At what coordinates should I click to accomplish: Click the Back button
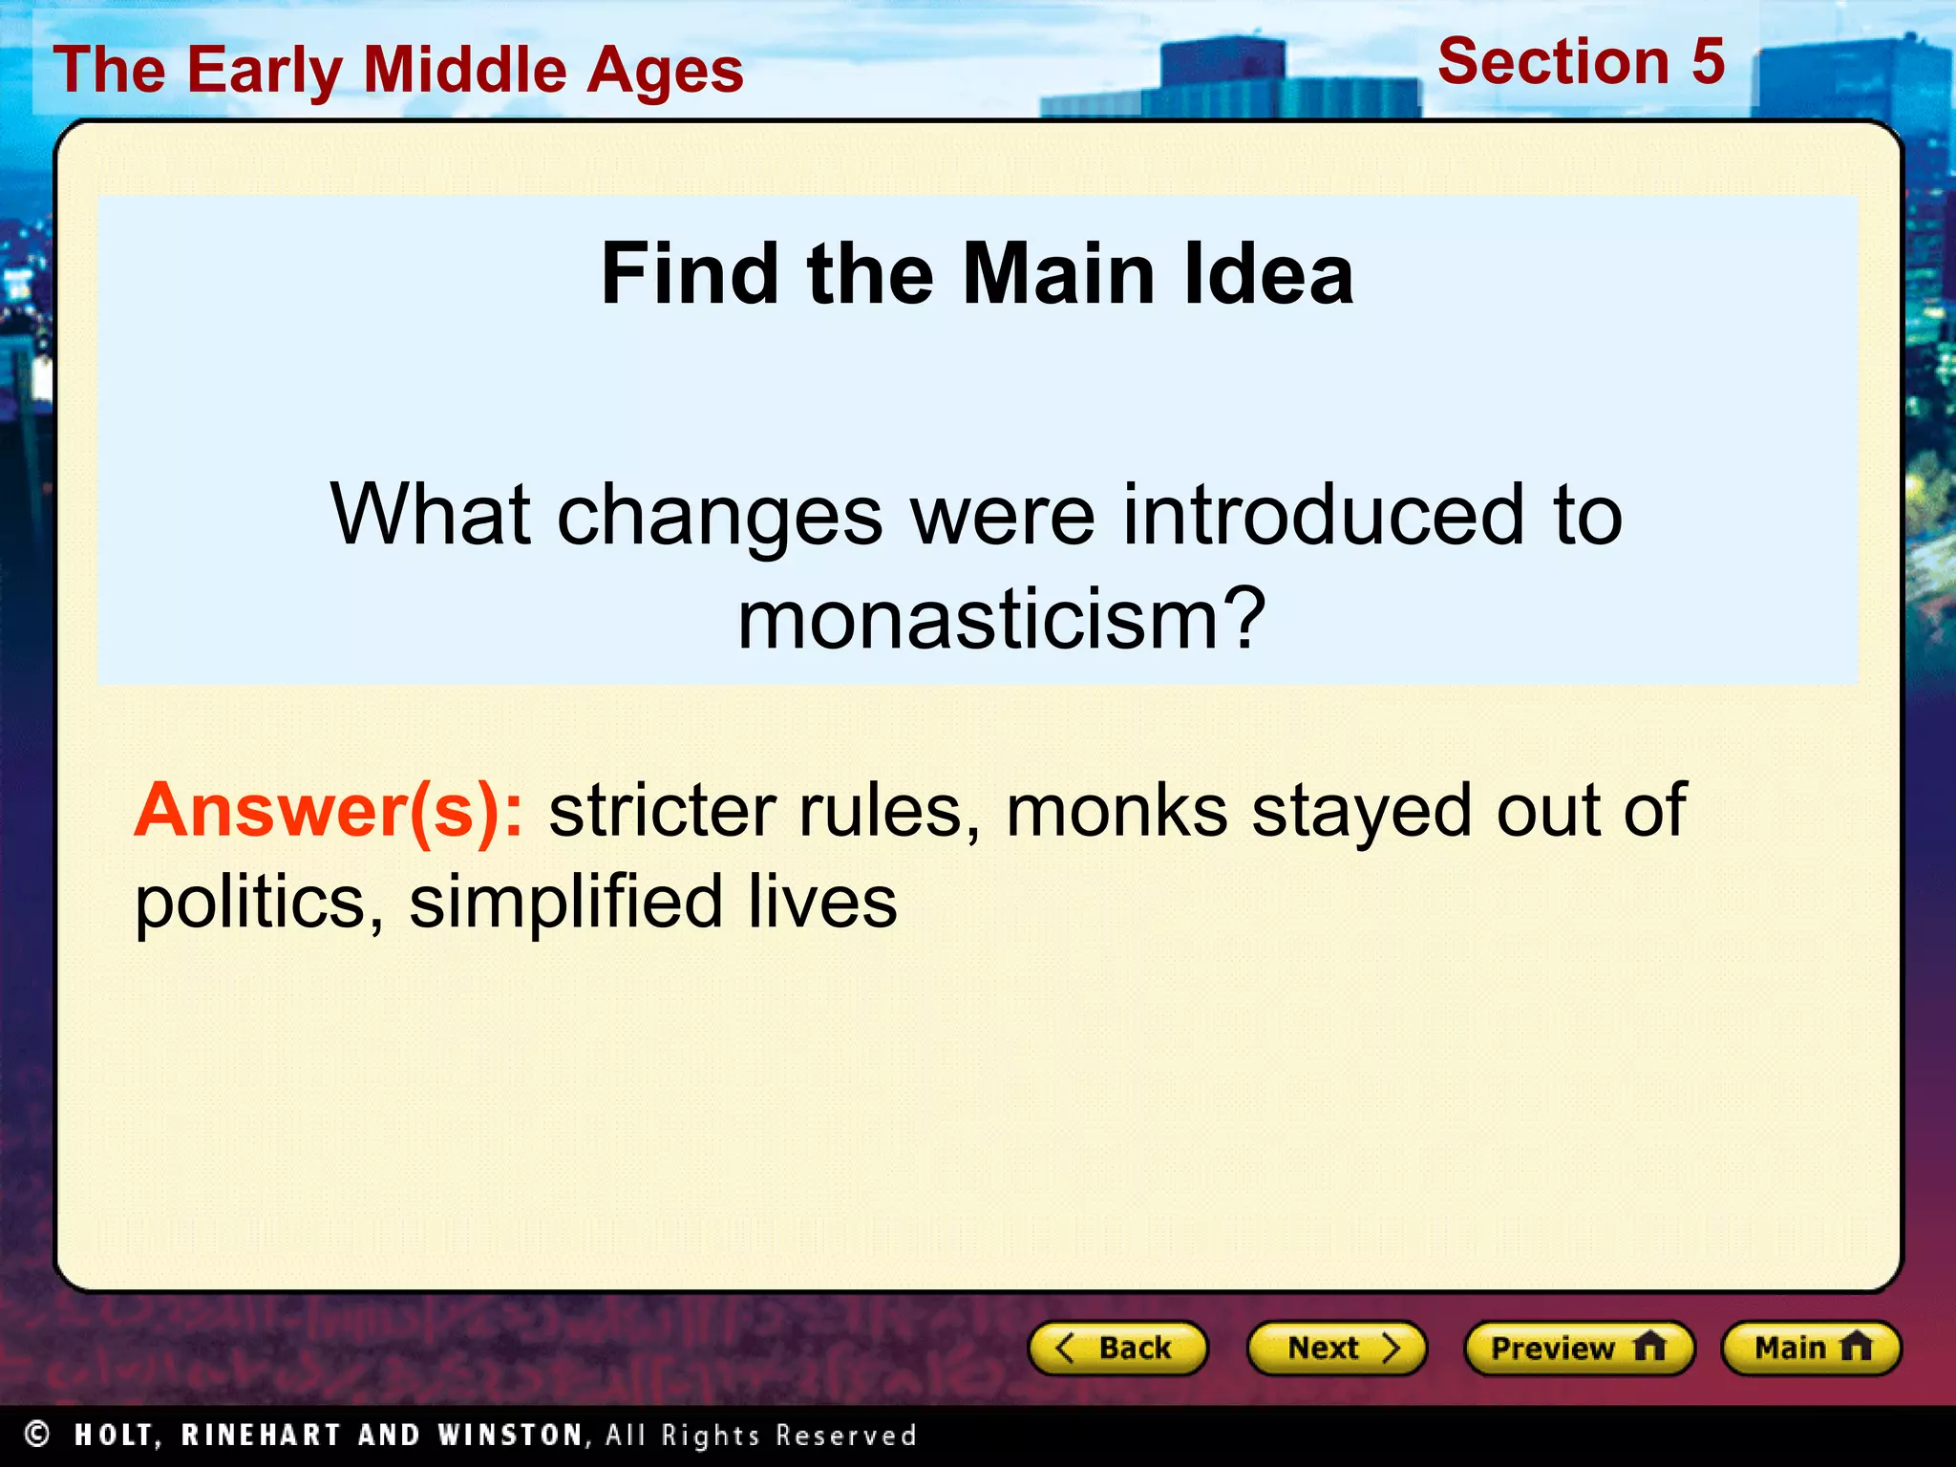(1117, 1348)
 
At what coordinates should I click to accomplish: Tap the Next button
(1336, 1348)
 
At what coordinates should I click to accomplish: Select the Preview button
(1579, 1348)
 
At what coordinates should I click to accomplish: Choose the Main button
(1811, 1348)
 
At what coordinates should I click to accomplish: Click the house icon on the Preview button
(1649, 1347)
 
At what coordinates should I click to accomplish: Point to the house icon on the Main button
(1856, 1347)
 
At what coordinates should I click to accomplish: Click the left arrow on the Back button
(1065, 1348)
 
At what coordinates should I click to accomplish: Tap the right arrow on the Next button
(1391, 1348)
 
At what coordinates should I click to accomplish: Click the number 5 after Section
(1708, 62)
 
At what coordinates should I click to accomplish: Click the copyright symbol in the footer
(37, 1434)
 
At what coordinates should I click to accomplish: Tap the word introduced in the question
(1324, 516)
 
